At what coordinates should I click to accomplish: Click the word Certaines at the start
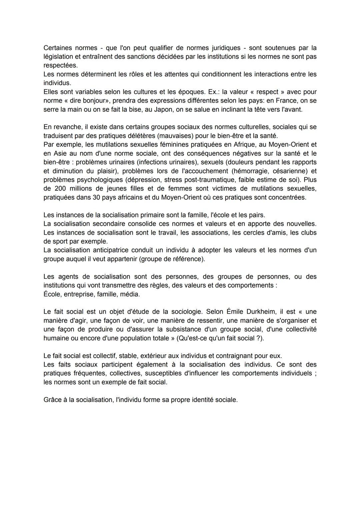[57, 48]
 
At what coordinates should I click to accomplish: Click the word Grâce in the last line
[52, 400]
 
